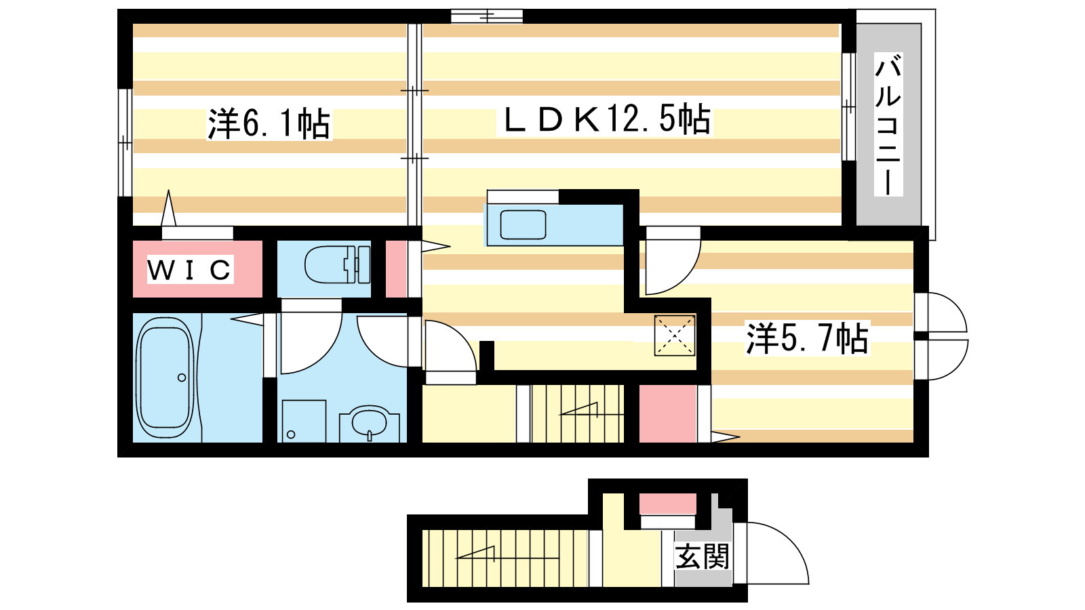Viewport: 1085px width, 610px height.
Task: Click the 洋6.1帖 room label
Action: click(x=269, y=123)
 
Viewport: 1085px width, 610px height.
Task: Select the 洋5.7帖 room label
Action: click(x=807, y=338)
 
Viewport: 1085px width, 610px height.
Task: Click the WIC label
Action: click(x=189, y=270)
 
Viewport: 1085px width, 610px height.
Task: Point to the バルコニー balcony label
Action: click(x=888, y=125)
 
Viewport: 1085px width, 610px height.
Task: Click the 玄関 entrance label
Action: click(x=703, y=556)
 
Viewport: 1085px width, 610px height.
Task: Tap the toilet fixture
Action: click(x=337, y=264)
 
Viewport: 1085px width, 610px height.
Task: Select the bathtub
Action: click(x=165, y=378)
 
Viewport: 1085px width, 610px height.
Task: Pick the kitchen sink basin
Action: click(x=523, y=224)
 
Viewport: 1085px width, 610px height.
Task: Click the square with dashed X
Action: click(x=675, y=335)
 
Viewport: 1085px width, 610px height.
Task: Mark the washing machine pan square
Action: click(x=304, y=421)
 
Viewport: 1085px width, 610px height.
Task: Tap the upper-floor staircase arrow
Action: click(x=578, y=409)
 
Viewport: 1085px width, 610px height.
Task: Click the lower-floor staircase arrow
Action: click(x=475, y=552)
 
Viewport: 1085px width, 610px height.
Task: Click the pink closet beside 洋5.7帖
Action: click(x=667, y=414)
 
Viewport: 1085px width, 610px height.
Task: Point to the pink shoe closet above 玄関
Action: click(x=668, y=504)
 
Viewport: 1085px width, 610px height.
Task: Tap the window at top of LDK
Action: click(x=487, y=16)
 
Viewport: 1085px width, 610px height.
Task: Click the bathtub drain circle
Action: click(x=182, y=378)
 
